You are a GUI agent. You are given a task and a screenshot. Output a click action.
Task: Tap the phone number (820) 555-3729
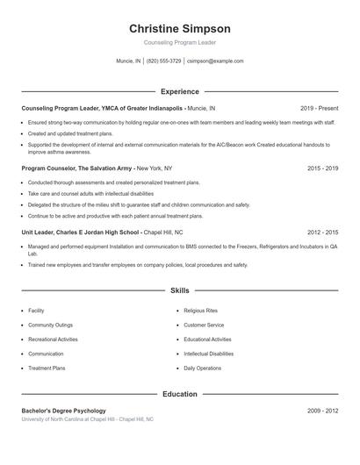tap(164, 61)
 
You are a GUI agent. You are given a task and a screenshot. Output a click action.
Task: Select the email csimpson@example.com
tap(216, 61)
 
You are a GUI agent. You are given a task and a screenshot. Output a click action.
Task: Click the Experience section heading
tap(179, 91)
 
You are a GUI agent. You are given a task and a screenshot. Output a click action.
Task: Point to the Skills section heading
tap(179, 290)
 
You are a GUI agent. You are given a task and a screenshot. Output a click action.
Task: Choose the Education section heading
tap(179, 394)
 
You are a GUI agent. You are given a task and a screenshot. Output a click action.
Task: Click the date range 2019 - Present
tap(319, 108)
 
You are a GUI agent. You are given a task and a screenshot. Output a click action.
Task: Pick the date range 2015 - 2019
tap(322, 167)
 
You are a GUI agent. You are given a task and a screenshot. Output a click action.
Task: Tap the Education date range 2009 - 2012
tap(322, 411)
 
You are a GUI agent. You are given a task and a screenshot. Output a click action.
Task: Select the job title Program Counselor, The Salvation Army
tap(77, 167)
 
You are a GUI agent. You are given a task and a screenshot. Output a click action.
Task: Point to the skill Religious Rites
tap(202, 311)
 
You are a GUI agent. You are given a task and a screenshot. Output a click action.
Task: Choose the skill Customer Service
tap(204, 325)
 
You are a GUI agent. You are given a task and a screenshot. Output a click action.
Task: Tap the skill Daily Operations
tap(203, 368)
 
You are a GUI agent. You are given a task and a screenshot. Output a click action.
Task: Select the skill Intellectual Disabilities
tap(209, 354)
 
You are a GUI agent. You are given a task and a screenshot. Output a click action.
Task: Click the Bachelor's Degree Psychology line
tap(63, 411)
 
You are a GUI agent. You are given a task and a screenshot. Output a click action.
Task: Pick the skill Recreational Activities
tap(53, 340)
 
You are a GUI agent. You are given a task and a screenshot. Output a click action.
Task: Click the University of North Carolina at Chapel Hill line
tap(87, 419)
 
